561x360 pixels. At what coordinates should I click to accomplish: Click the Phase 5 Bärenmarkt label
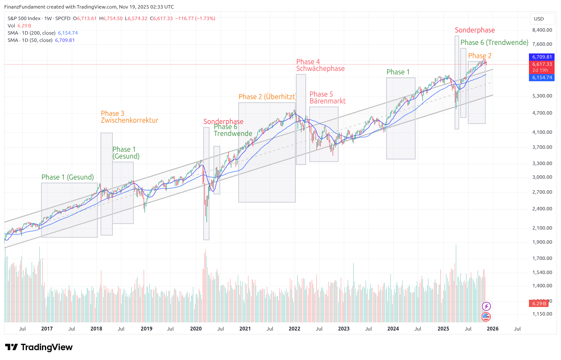click(x=328, y=97)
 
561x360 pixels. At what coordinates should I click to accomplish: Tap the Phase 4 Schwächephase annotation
click(x=320, y=65)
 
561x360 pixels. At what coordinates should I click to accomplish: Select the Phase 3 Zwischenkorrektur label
click(x=130, y=117)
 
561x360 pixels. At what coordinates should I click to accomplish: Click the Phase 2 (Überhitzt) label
click(x=267, y=97)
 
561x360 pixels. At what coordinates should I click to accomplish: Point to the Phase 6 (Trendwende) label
click(x=494, y=43)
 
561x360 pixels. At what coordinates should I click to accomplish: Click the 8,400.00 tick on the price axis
click(x=541, y=30)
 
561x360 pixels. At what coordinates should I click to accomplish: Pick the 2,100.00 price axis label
click(x=541, y=228)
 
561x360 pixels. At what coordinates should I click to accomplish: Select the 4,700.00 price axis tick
click(x=541, y=113)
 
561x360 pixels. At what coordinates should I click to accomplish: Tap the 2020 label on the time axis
click(x=196, y=329)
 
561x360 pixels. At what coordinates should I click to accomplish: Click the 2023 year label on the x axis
click(x=344, y=329)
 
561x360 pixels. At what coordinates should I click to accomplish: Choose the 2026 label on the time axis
click(x=493, y=329)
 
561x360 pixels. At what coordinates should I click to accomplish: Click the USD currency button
click(x=539, y=19)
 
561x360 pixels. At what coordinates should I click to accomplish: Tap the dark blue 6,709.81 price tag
click(x=542, y=57)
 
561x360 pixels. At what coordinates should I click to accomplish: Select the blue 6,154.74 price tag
click(x=542, y=77)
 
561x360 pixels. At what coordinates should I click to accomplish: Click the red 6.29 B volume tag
click(x=540, y=304)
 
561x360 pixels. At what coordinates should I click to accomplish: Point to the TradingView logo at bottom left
click(x=39, y=347)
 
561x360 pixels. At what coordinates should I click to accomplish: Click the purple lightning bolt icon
click(x=486, y=306)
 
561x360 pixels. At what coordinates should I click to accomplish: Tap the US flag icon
click(x=486, y=317)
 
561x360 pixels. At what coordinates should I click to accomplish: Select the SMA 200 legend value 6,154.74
click(x=68, y=33)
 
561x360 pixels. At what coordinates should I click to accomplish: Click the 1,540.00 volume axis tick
click(x=541, y=272)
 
